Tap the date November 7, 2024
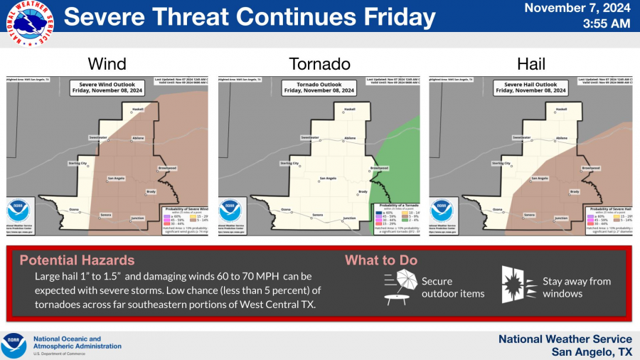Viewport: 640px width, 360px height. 577,9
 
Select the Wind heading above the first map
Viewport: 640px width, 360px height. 107,63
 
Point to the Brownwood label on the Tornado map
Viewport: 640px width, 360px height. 379,168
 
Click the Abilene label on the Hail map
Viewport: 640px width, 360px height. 561,137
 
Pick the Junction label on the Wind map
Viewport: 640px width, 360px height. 138,218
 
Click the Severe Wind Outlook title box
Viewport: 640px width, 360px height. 107,88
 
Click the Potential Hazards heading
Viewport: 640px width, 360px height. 77,260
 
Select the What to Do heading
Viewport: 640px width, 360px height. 381,260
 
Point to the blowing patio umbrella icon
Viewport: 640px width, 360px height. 400,287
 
